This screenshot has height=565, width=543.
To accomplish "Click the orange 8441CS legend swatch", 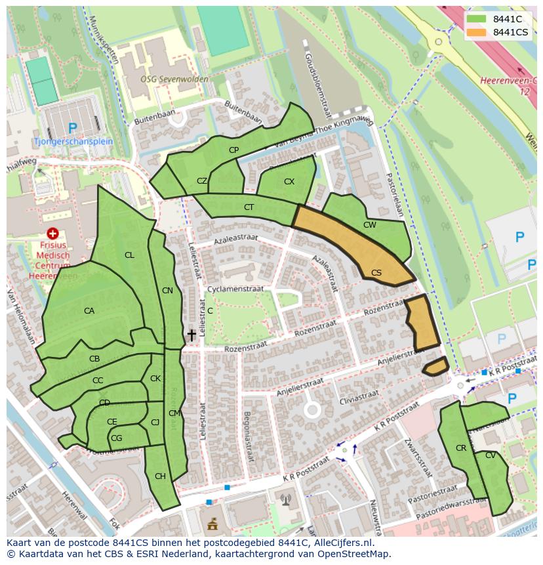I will [x=477, y=32].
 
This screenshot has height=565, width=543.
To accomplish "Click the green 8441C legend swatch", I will [x=477, y=18].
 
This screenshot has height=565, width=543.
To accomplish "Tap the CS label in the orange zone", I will [x=376, y=272].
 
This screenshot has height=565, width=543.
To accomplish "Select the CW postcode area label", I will [x=370, y=225].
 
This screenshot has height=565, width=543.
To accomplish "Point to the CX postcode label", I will [x=289, y=181].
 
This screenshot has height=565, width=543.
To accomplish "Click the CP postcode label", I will [x=233, y=150].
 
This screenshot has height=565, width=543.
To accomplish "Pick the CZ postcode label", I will [x=202, y=181].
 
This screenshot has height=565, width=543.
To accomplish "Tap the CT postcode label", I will [x=249, y=207].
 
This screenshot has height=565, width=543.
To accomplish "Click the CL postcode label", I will [x=129, y=255].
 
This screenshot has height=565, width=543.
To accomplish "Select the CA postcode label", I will [x=89, y=311].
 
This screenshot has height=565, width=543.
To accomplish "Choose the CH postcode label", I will [x=160, y=476].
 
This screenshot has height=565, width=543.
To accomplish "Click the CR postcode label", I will [x=461, y=448].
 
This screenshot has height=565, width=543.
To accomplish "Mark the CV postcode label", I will [x=491, y=455].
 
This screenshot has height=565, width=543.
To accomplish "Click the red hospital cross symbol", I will [x=52, y=234].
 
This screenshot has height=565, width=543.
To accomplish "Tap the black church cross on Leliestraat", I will [x=191, y=335].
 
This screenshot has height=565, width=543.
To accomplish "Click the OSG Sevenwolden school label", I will [x=174, y=79].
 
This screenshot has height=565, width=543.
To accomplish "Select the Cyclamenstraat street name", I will [x=234, y=289].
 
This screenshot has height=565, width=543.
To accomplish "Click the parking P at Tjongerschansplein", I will [x=72, y=128].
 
